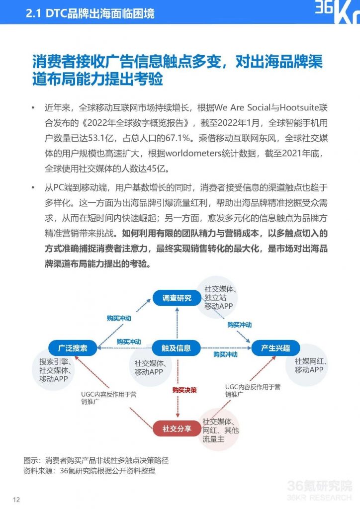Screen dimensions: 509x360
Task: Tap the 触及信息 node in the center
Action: pos(177,348)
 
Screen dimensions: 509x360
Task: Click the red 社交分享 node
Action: pos(177,428)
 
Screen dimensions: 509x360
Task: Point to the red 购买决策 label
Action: pos(184,390)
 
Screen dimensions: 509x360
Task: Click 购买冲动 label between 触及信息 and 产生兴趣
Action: pos(225,354)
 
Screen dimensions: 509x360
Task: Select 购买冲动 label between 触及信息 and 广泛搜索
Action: pos(128,342)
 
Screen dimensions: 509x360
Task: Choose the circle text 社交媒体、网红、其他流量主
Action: pos(220,429)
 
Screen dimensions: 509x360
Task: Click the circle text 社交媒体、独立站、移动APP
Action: pos(219,297)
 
